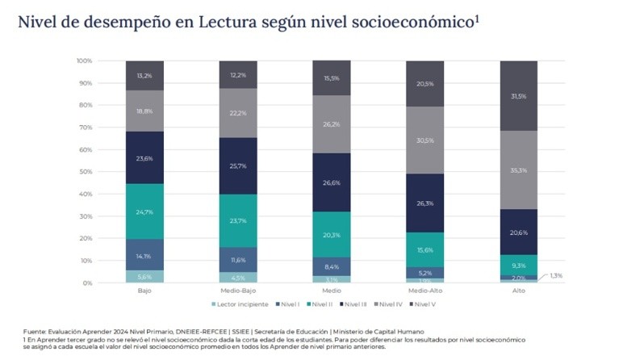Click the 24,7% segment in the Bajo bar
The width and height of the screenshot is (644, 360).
coord(144,211)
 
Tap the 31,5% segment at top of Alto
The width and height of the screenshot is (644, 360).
coord(519,96)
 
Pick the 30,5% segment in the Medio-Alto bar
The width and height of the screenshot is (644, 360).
coord(425,140)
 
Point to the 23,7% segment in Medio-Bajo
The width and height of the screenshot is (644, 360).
coord(238,221)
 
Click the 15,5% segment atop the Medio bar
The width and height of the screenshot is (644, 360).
coord(332,77)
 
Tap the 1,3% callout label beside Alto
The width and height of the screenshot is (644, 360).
coord(555,274)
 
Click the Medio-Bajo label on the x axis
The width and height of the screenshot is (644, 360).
coord(238,290)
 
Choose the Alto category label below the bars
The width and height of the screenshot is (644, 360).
coord(519,290)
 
